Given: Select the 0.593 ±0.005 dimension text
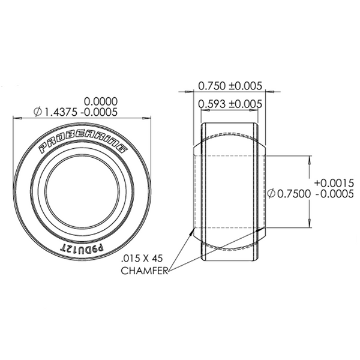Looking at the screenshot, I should (230, 104).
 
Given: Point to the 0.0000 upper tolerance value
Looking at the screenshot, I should (100, 101).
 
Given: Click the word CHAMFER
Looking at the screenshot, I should (144, 270).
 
